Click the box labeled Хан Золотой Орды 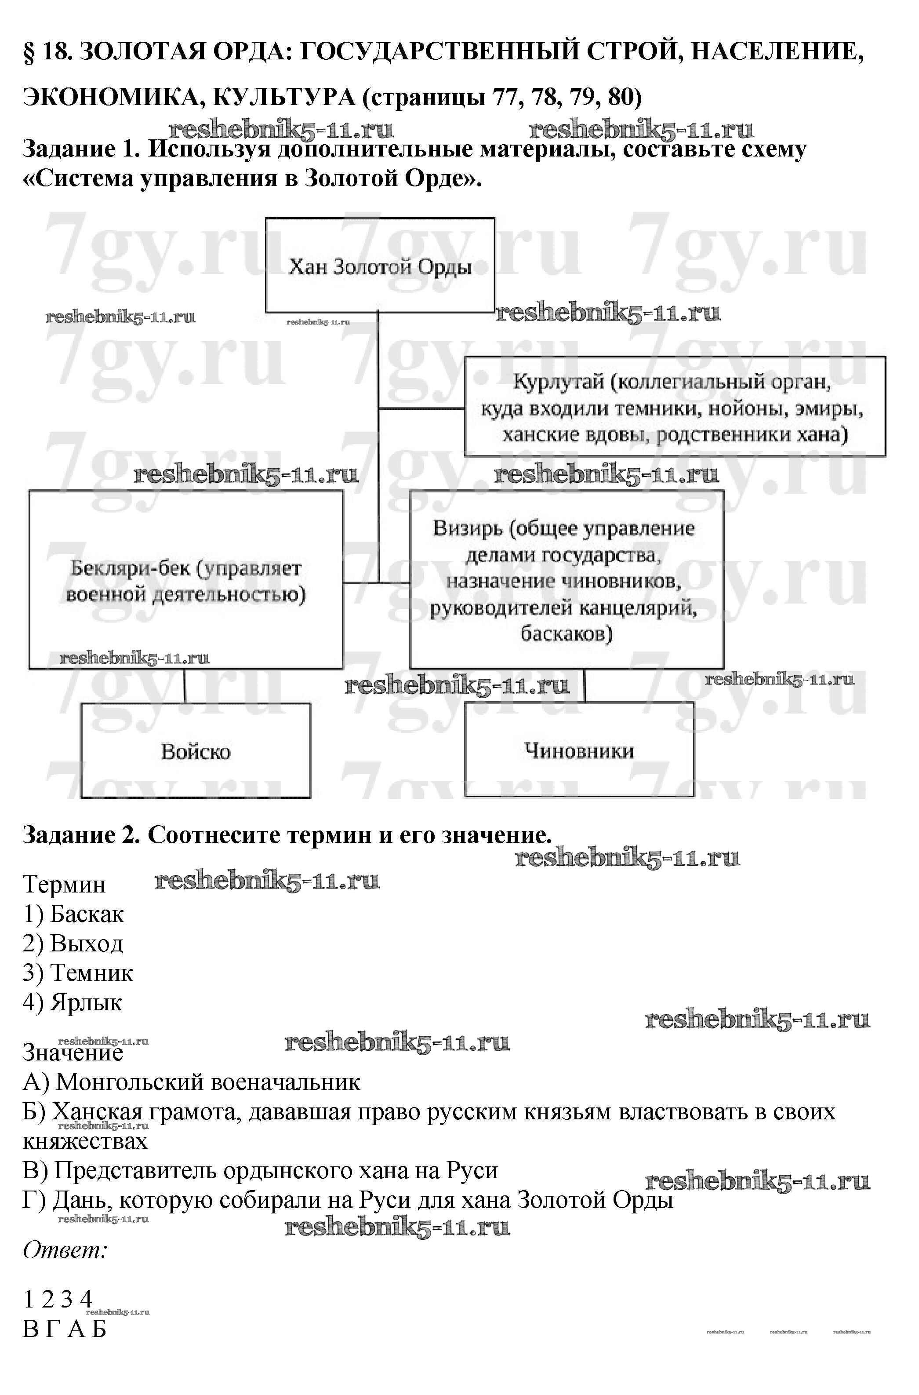380,266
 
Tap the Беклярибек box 186,580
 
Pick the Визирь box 566,580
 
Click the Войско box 195,751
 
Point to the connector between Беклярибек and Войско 185,686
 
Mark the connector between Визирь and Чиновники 585,685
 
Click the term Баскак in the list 87,914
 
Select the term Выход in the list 87,943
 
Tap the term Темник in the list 91,972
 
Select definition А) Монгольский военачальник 192,1082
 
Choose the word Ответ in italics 65,1250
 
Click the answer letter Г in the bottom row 52,1329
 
